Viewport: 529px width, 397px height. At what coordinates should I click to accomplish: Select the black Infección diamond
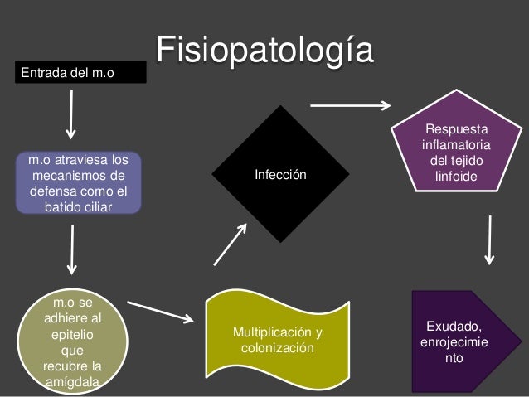(x=279, y=175)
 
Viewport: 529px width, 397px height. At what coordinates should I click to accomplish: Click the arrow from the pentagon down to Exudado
(x=492, y=240)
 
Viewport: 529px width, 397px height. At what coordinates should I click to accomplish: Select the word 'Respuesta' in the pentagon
(x=457, y=129)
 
